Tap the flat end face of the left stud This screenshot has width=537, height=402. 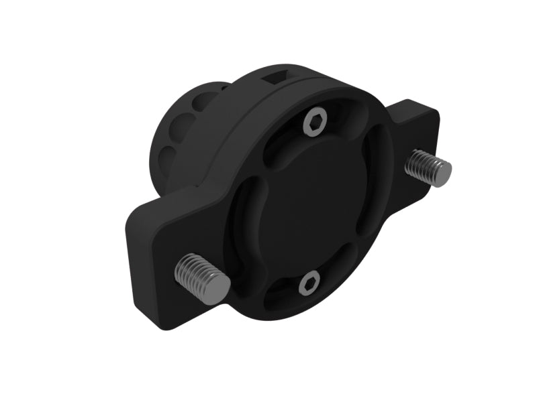(218, 287)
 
